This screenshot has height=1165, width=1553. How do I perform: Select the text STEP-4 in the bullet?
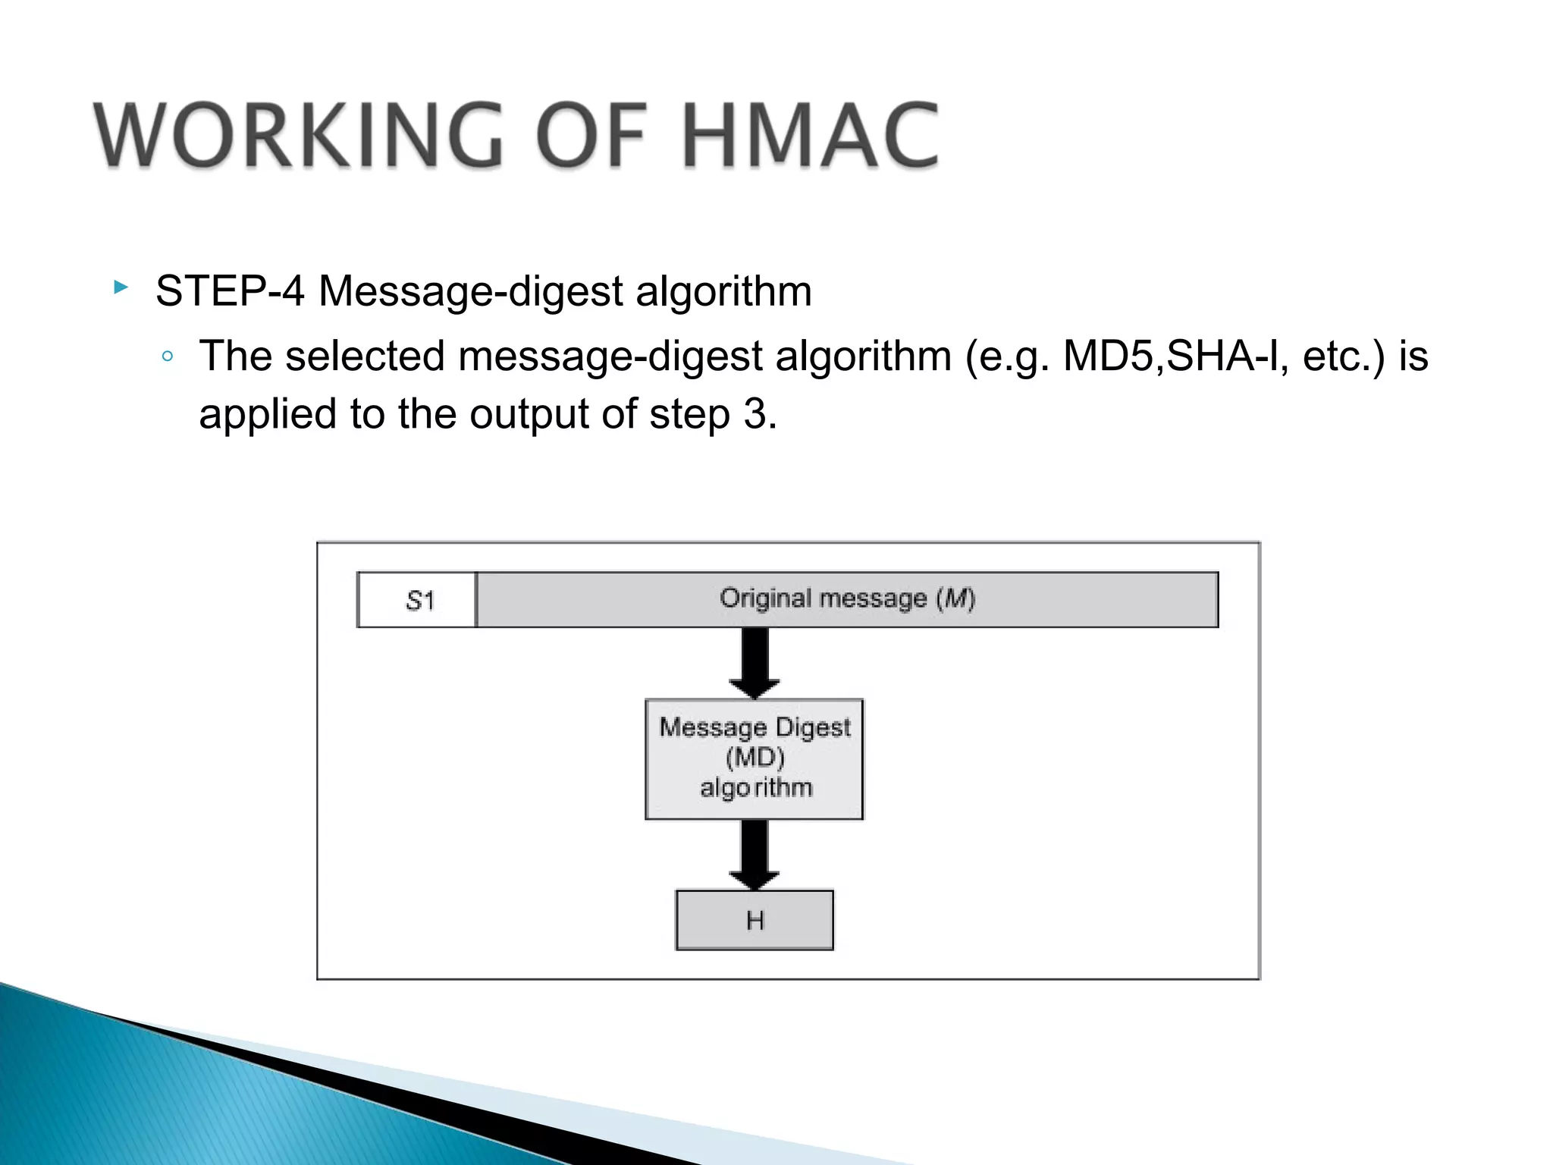230,291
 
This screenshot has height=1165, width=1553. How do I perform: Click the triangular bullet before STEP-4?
121,287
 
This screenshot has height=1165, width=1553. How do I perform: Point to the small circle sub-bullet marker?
168,357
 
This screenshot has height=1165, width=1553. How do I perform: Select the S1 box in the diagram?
417,600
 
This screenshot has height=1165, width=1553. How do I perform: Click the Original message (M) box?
846,599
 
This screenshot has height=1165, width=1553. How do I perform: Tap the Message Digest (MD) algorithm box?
754,758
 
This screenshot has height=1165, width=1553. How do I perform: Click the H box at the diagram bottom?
755,920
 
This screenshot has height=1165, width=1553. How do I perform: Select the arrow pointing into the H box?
755,855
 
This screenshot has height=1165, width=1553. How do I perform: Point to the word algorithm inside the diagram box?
755,788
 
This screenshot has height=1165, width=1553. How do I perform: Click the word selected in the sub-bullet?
365,356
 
